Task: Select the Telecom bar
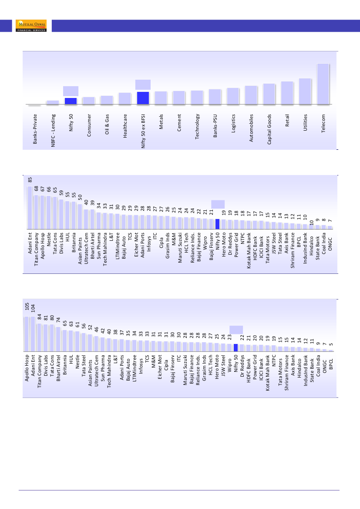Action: click(x=323, y=84)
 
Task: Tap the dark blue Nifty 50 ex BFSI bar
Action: click(x=143, y=98)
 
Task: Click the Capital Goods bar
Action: click(x=269, y=94)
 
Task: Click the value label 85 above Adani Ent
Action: click(x=30, y=179)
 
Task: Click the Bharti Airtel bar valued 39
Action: click(x=93, y=219)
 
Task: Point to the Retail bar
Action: click(x=287, y=93)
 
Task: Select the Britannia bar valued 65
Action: click(x=64, y=341)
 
